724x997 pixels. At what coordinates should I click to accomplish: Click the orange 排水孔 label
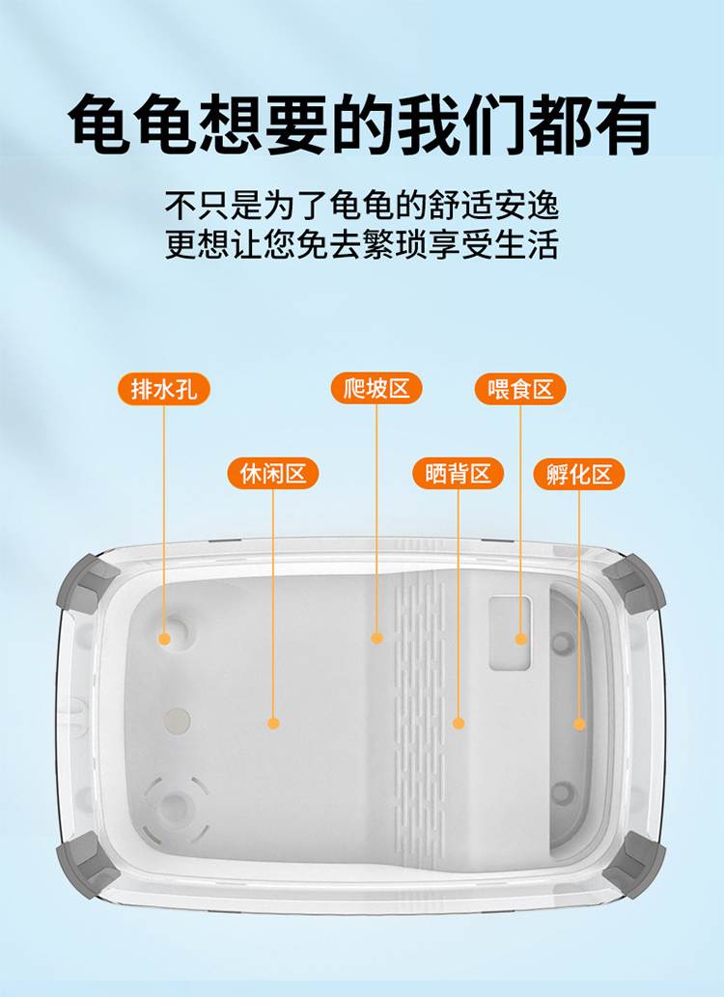[x=163, y=389]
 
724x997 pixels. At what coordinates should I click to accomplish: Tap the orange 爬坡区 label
[x=376, y=388]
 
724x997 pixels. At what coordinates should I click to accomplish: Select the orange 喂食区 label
[x=520, y=389]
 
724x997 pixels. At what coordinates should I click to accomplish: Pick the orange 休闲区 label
[x=273, y=474]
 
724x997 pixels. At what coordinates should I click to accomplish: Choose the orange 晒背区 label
[x=459, y=474]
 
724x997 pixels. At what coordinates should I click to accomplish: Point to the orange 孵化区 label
[x=579, y=474]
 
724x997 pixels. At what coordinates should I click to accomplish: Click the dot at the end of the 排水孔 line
[x=165, y=639]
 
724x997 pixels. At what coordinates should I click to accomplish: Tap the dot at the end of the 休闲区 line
[x=273, y=723]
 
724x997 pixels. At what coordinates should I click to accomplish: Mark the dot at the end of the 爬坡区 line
[x=376, y=638]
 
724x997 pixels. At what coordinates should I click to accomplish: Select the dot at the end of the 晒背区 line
[x=459, y=723]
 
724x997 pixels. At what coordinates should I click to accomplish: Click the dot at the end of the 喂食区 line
[x=521, y=639]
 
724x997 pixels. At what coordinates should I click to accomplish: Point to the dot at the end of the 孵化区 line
[x=579, y=724]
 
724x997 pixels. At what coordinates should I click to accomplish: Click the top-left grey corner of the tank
[x=86, y=582]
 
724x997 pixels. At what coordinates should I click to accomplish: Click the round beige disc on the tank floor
[x=177, y=721]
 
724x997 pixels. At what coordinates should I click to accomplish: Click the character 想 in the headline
[x=232, y=124]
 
